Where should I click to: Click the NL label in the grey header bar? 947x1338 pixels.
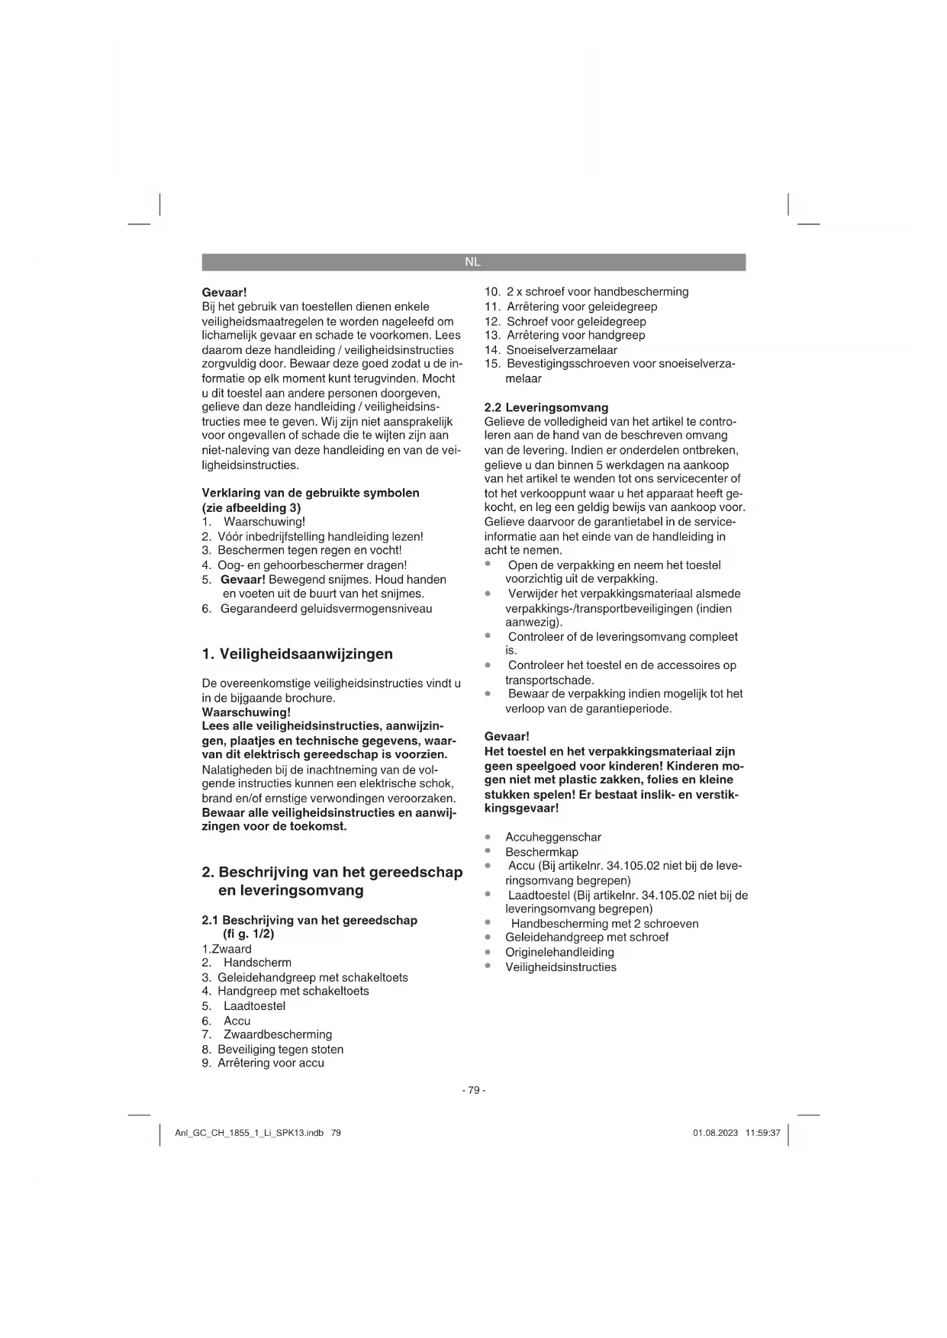(x=472, y=262)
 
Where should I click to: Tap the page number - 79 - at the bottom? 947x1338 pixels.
(x=473, y=1090)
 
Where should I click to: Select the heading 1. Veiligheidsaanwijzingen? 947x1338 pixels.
(x=297, y=654)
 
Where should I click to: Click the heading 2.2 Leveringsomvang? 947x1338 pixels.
(x=546, y=407)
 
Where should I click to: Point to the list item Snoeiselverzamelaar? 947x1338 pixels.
(x=561, y=350)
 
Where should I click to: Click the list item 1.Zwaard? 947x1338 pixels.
(x=227, y=949)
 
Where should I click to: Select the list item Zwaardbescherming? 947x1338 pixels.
(x=277, y=1034)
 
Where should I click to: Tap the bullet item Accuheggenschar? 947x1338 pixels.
(x=552, y=837)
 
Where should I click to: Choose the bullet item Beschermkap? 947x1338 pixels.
(x=541, y=851)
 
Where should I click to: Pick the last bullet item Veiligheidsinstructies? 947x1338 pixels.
(x=560, y=967)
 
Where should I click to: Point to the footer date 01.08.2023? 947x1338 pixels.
(x=715, y=1133)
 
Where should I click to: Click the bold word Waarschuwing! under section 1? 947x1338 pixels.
(x=246, y=712)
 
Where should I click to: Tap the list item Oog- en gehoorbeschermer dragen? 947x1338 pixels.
(x=311, y=565)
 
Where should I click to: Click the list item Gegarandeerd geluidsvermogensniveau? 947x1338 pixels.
(x=326, y=608)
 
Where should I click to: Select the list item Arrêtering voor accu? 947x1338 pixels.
(x=270, y=1063)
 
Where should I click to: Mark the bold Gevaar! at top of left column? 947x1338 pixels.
(x=224, y=292)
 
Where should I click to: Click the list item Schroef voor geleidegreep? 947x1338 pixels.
(x=575, y=321)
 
